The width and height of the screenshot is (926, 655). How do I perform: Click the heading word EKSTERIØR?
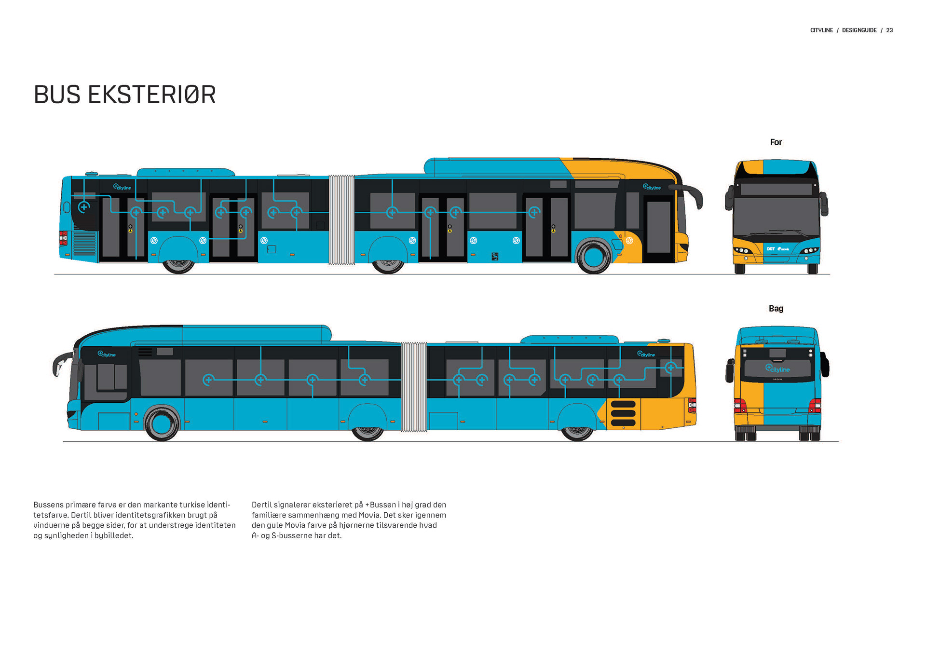[x=151, y=95]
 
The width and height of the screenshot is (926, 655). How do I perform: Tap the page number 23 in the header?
[x=889, y=30]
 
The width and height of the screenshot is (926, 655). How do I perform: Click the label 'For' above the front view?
[x=776, y=142]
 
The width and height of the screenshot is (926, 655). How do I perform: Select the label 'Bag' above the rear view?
[x=776, y=309]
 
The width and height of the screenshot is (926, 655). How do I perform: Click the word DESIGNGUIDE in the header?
[x=859, y=30]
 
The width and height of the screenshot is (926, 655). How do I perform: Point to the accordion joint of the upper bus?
[x=341, y=220]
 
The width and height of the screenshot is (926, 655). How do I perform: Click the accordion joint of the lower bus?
[x=414, y=387]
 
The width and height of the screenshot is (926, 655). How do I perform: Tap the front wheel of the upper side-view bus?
[x=593, y=256]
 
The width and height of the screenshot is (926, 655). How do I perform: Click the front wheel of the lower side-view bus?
[x=162, y=423]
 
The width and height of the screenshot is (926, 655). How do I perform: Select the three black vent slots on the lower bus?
[x=623, y=413]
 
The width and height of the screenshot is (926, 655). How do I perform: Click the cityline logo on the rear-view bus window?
[x=777, y=369]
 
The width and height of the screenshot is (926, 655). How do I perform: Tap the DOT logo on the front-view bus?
[x=771, y=249]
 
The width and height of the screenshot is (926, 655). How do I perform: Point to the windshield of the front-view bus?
[x=776, y=215]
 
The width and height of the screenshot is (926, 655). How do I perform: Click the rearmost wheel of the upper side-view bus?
[x=178, y=266]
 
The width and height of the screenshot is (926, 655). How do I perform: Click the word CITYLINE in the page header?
[x=821, y=30]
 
